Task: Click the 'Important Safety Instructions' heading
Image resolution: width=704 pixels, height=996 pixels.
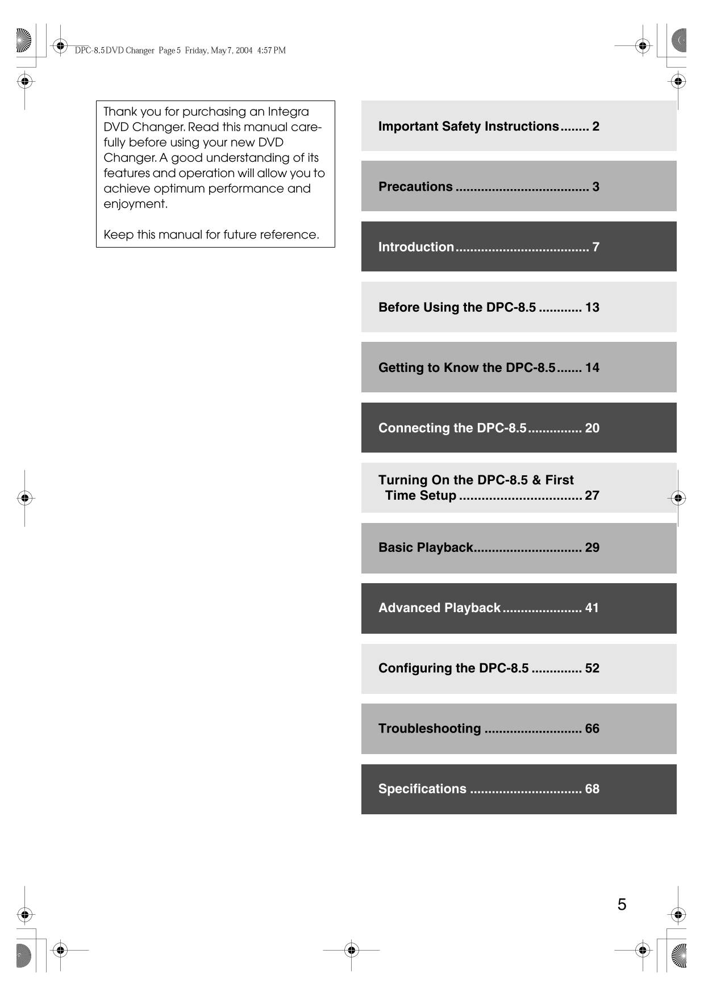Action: (x=468, y=126)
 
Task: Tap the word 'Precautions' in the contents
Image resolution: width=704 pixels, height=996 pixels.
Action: (x=415, y=186)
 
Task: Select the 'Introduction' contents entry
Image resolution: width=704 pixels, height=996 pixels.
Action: (x=416, y=247)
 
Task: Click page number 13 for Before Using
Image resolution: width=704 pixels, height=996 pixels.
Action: (x=592, y=307)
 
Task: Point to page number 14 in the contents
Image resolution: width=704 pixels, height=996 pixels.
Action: (x=592, y=367)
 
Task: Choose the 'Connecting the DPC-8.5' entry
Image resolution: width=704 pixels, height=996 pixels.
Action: (x=452, y=428)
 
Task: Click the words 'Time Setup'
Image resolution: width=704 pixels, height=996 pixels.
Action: (x=420, y=495)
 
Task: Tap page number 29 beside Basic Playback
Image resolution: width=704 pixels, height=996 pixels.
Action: (x=592, y=547)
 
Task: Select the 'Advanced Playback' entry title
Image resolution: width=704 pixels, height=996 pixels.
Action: (x=439, y=608)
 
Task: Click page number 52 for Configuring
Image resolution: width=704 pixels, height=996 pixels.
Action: (x=592, y=668)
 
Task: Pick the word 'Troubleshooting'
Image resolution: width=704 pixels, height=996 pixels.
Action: (x=430, y=729)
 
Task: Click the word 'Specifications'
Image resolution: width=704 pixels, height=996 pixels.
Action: (x=422, y=789)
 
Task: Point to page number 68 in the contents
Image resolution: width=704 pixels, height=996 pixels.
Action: (x=592, y=789)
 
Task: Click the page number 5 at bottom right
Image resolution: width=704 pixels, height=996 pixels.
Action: (x=622, y=904)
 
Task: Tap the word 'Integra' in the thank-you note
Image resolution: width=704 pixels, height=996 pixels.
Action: (x=288, y=112)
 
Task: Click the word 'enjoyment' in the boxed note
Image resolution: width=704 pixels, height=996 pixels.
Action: (x=135, y=204)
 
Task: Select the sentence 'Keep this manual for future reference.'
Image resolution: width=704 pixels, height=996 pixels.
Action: (x=211, y=235)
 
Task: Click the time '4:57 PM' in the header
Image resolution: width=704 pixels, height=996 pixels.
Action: (x=271, y=51)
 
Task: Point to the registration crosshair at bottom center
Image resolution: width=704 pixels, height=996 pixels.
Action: (x=352, y=949)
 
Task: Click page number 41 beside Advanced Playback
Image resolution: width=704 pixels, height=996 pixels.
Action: (x=591, y=608)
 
